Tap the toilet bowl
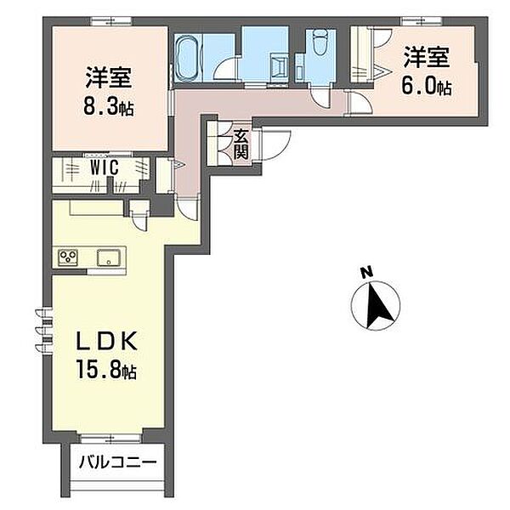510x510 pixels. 320,41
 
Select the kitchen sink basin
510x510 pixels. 109,258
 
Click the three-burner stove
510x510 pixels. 68,258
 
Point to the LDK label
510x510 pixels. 106,341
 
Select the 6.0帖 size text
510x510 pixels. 427,86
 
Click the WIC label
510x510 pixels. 104,167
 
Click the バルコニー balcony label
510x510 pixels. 118,462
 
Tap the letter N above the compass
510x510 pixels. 367,273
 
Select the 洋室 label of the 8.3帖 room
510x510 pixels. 109,78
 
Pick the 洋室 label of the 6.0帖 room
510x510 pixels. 427,58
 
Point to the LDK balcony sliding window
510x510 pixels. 110,438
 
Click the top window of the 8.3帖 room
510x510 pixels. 110,21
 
